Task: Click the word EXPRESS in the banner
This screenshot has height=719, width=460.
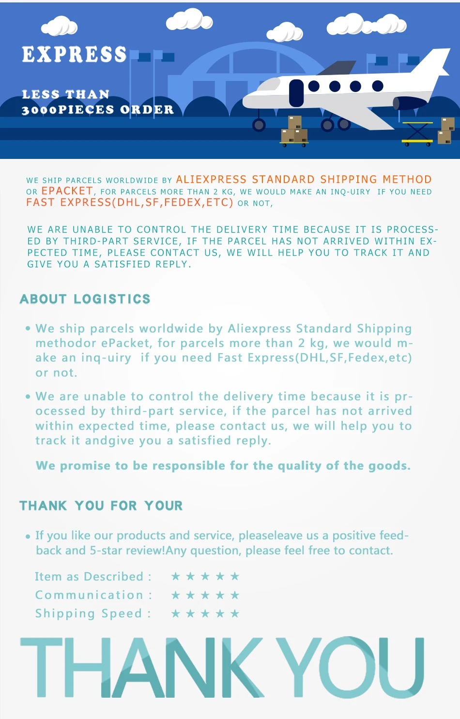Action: coord(74,55)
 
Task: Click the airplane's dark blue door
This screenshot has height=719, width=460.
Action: coord(296,93)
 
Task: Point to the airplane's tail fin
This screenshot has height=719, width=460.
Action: coord(431,63)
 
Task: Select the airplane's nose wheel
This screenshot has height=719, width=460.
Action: coord(259,125)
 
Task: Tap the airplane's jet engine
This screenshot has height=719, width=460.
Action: coord(411,103)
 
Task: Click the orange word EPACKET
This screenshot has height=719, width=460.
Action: coord(67,191)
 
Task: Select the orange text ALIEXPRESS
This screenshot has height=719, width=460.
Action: coord(211,179)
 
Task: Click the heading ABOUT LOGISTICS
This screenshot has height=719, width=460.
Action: coord(85,299)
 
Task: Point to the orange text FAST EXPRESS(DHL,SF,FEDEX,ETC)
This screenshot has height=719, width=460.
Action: coord(130,203)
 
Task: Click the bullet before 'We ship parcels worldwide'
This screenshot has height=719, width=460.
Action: coord(28,328)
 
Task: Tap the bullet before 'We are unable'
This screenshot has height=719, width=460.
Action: coord(28,396)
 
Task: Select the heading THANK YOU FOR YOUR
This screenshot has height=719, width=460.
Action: coord(101,506)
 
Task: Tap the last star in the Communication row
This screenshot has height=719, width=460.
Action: coord(235,595)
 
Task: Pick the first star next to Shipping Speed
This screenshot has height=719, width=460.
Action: coord(176,613)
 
